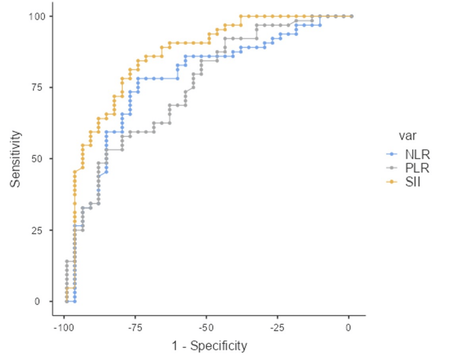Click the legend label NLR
[417, 154]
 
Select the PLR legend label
[417, 168]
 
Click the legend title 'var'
[407, 135]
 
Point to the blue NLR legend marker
[392, 154]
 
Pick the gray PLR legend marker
[392, 168]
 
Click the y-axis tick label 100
[37, 16]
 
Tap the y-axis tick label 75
[40, 88]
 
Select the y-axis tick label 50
[40, 159]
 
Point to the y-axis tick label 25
[40, 230]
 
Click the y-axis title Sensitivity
[16, 159]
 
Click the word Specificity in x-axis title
[218, 346]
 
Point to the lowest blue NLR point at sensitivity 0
[75, 302]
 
